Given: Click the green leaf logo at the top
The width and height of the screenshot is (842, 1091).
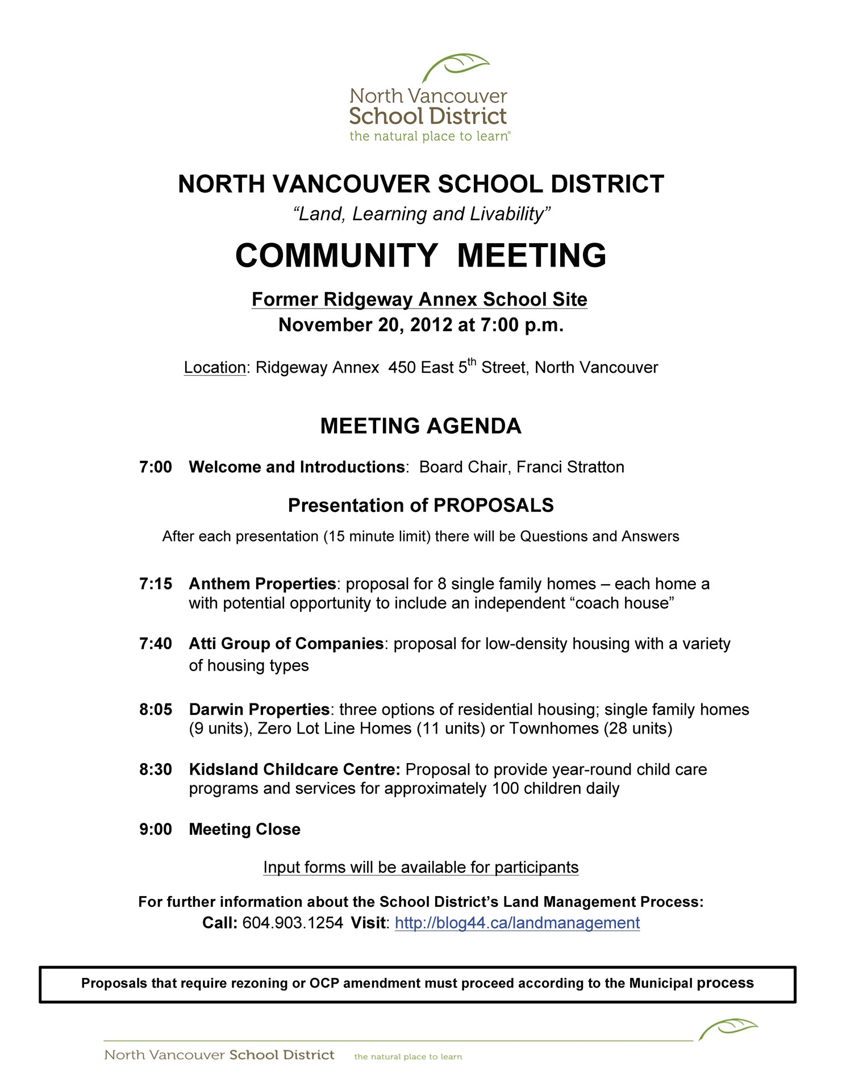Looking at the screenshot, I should point(456,68).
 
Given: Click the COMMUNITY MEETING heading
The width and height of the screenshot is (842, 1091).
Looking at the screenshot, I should point(420,255).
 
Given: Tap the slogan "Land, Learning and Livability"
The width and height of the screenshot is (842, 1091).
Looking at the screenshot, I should point(421,214).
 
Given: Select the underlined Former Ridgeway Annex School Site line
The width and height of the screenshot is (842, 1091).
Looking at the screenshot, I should point(419,299).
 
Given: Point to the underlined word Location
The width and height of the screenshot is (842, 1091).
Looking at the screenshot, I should point(215,368).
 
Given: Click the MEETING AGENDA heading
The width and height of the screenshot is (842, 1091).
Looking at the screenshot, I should point(420,426).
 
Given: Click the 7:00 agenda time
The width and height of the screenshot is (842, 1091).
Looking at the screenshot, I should point(156,467).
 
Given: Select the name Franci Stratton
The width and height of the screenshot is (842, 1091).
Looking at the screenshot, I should point(570,467).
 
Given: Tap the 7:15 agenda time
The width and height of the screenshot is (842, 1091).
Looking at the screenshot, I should point(156,584).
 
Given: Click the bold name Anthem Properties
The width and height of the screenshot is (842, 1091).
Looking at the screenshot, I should point(262,584).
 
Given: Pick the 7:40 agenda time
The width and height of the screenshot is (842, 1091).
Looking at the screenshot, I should point(156,644).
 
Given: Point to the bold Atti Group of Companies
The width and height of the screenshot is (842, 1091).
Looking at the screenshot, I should point(286,644).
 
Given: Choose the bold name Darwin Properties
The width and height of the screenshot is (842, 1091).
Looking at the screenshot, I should point(259,710).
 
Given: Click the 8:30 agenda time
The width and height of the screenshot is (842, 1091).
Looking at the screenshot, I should point(156,770).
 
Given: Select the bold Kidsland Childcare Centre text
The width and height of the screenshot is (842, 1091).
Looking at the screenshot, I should point(294,770).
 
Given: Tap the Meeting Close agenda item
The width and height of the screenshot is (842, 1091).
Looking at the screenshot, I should point(244,830).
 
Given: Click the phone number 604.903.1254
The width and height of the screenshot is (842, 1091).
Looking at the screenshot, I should point(293,923).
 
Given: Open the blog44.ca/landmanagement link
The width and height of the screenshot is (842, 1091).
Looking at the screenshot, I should point(517,923).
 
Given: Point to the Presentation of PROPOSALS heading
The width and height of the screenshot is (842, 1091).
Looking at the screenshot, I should point(420,506).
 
